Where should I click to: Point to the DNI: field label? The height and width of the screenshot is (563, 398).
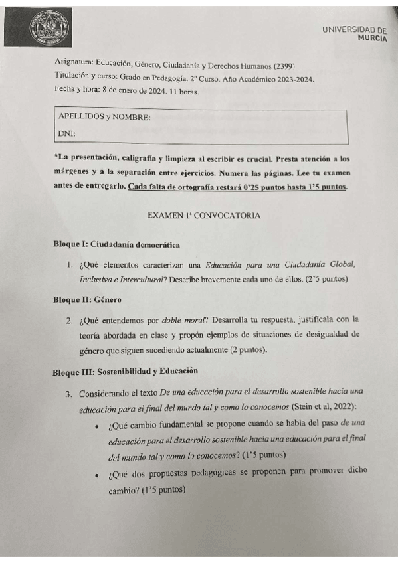(x=66, y=134)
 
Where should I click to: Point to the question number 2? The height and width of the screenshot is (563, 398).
(x=69, y=321)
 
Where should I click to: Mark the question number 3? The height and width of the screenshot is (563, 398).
(x=69, y=394)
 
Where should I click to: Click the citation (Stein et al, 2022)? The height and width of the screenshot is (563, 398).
(x=324, y=406)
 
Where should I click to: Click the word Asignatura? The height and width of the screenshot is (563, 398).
(x=74, y=66)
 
